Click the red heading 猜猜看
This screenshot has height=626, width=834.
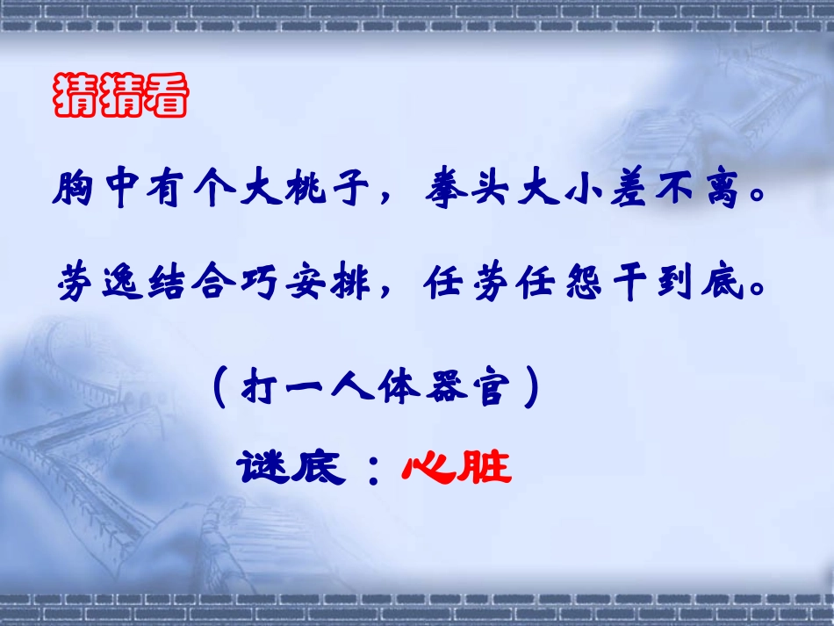point(121,97)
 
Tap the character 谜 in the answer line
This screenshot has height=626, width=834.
point(261,467)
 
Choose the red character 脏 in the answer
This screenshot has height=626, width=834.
point(485,467)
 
